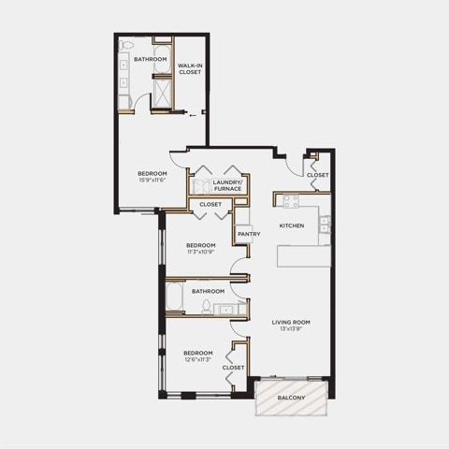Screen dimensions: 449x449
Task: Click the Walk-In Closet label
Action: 190,68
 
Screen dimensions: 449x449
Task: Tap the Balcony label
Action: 291,398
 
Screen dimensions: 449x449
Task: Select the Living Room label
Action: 291,322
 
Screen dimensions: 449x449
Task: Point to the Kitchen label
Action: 292,225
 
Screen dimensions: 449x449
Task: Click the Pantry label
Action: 249,234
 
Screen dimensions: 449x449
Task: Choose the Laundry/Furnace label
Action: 227,185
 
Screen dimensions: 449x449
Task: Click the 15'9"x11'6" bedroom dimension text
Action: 152,181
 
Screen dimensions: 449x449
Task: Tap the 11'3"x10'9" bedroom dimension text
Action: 201,252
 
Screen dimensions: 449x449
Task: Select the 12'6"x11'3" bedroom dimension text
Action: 198,359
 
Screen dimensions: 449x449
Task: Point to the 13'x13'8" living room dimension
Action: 291,328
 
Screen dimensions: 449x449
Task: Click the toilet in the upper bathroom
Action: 125,45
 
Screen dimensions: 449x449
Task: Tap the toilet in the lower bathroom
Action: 206,307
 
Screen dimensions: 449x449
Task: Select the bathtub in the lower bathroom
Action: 174,297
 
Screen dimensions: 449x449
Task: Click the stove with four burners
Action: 291,201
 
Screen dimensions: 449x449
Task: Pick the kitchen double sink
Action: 325,224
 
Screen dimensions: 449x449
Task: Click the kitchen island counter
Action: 304,256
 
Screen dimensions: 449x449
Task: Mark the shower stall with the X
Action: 162,93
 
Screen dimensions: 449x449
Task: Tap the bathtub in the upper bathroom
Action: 162,60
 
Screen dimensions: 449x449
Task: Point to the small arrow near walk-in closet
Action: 193,115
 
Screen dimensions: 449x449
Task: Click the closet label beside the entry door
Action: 317,175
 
